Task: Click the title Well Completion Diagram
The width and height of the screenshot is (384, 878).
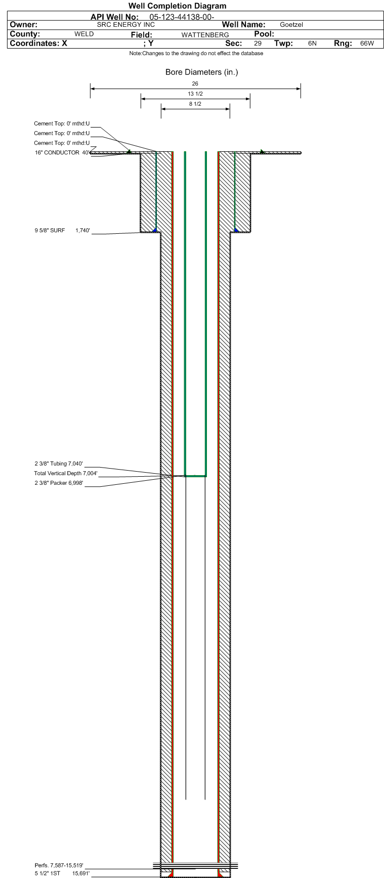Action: pos(177,6)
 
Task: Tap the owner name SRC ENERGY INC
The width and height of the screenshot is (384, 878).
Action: pos(125,25)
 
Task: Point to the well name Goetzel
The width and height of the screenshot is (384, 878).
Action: pos(291,25)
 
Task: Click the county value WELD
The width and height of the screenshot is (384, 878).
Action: pos(84,34)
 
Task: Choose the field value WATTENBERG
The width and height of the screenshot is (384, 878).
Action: pos(205,35)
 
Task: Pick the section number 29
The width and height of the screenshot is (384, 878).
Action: pos(258,44)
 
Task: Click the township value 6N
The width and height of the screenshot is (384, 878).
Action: pos(312,44)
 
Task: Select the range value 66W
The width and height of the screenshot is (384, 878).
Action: pos(367,44)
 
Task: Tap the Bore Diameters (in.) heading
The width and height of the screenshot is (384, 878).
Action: pos(201,72)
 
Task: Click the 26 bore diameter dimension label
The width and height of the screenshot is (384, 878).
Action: pos(195,84)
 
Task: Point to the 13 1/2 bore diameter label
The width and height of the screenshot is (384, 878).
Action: pos(195,94)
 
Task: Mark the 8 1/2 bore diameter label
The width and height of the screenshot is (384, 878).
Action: pos(195,104)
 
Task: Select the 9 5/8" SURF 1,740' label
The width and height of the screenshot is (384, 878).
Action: pos(62,231)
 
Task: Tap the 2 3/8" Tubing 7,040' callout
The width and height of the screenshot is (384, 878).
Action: pos(59,464)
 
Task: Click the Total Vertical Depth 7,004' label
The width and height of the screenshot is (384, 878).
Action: pos(66,474)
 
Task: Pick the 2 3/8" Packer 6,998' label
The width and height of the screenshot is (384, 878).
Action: pos(59,483)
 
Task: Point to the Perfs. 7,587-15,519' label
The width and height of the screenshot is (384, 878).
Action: pos(59,865)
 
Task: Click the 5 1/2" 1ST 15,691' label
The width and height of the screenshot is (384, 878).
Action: pos(62,873)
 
